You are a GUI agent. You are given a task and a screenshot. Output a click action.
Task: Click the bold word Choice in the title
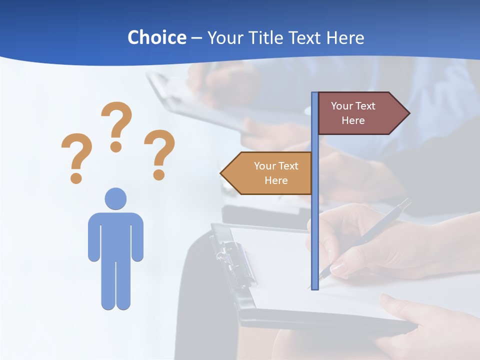(x=156, y=37)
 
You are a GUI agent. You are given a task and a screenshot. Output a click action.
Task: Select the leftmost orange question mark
(x=76, y=157)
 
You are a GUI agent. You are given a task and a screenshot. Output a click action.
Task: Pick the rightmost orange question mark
(x=159, y=154)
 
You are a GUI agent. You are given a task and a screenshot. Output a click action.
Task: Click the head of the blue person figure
(x=115, y=198)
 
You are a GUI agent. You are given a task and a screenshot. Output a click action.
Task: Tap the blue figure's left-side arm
(x=93, y=237)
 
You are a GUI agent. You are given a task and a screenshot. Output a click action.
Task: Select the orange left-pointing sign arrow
(x=267, y=173)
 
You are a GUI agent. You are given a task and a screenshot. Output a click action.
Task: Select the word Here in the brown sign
(x=353, y=120)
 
